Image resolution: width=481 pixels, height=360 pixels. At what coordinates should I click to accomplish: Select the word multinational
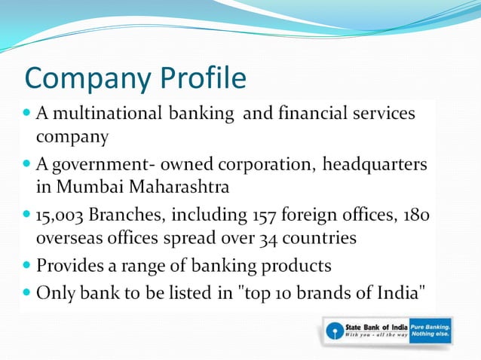click(x=106, y=114)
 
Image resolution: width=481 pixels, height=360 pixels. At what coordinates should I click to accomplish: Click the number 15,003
click(x=60, y=215)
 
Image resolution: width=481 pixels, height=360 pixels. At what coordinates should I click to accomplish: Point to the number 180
click(x=415, y=215)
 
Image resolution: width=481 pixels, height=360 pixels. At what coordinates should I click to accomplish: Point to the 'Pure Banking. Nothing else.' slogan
click(x=430, y=330)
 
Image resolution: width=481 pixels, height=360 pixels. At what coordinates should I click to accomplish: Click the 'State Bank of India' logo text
click(x=375, y=325)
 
